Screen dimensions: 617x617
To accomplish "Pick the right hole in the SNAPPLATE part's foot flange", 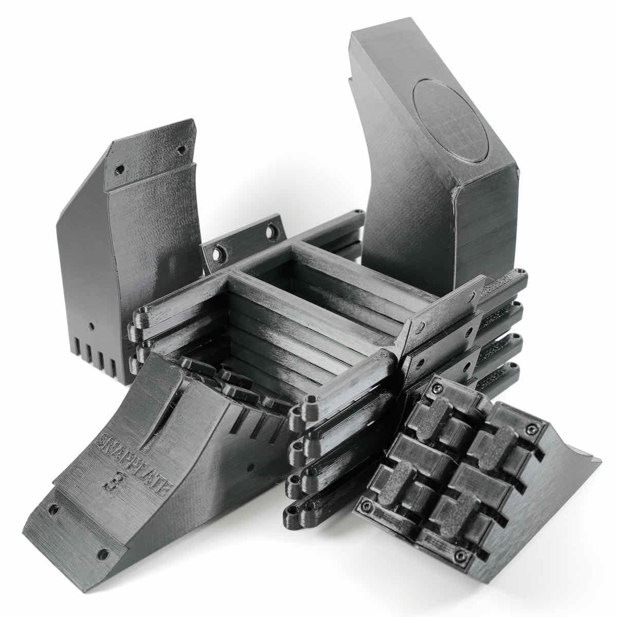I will point(103,554).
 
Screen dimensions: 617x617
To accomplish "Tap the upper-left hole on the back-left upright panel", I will point(119,169).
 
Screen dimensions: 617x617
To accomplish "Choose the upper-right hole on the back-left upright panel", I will point(181,151).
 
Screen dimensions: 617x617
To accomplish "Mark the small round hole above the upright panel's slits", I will point(92,326).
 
